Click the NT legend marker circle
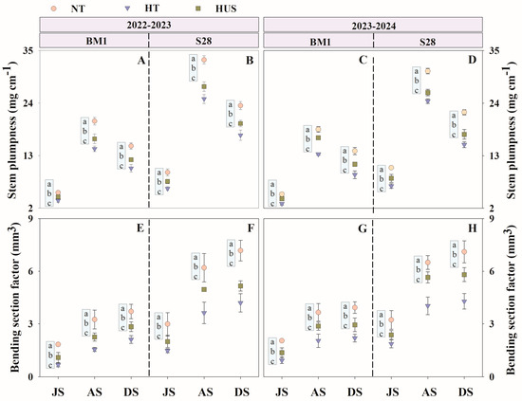[54, 8]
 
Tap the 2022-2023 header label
[149, 25]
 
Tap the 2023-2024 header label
[374, 26]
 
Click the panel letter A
[141, 61]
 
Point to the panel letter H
[473, 228]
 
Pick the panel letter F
[251, 228]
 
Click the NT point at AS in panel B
[204, 60]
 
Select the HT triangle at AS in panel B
[204, 99]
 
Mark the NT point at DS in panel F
[241, 250]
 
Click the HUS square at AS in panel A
[95, 138]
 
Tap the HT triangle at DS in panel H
[464, 301]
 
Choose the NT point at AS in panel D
[428, 71]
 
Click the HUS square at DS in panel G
[355, 325]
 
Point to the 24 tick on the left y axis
[31, 103]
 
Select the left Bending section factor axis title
[14, 297]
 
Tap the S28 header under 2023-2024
[428, 42]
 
